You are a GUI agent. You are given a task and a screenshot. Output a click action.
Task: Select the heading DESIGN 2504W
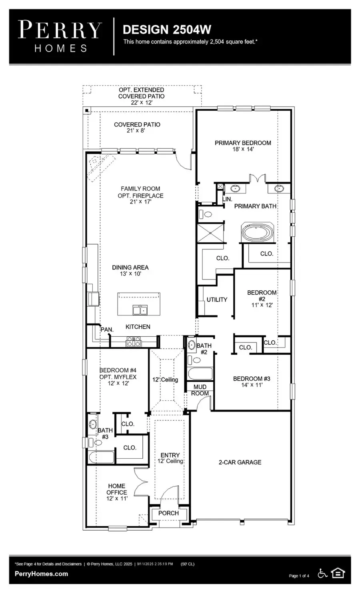click(167, 30)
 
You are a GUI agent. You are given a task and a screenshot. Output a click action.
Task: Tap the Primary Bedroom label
click(243, 143)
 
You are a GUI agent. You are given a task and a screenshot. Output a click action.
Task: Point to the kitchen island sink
click(140, 310)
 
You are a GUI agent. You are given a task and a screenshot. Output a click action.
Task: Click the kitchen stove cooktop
click(134, 342)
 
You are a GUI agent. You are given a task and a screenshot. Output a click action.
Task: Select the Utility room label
click(217, 299)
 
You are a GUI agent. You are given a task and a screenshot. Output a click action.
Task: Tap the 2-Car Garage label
click(240, 462)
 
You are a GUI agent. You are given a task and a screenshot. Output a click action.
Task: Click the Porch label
click(168, 513)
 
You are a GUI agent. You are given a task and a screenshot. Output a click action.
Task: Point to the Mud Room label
click(200, 390)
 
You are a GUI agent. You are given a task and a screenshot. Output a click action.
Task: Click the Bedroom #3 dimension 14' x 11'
click(252, 385)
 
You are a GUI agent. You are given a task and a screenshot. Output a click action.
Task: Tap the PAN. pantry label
click(107, 329)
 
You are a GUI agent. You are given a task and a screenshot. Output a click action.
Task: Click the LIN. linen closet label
click(227, 199)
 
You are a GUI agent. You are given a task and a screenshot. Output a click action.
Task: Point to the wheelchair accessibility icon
click(322, 573)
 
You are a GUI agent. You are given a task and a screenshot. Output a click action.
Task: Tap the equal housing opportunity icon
click(338, 573)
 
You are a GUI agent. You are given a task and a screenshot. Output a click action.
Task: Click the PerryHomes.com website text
click(41, 574)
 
